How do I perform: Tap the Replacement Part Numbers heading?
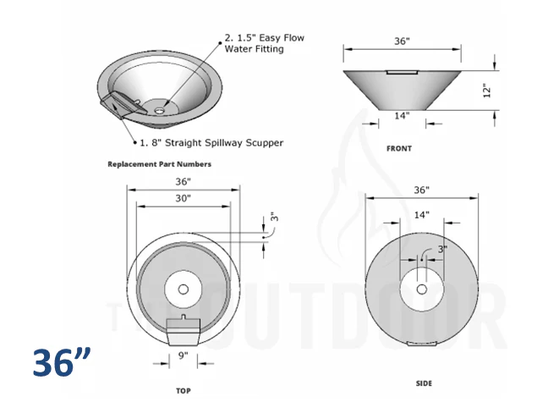tap(159, 164)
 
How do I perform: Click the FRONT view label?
tap(399, 149)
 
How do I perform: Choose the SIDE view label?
tap(424, 383)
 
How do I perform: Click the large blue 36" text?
tap(63, 362)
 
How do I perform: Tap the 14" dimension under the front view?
tap(402, 115)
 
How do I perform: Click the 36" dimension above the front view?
tap(402, 41)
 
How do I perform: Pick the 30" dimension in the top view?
tap(184, 198)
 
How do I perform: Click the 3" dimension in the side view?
tap(441, 250)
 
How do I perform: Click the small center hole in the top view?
tap(184, 289)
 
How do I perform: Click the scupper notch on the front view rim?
tap(401, 72)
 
